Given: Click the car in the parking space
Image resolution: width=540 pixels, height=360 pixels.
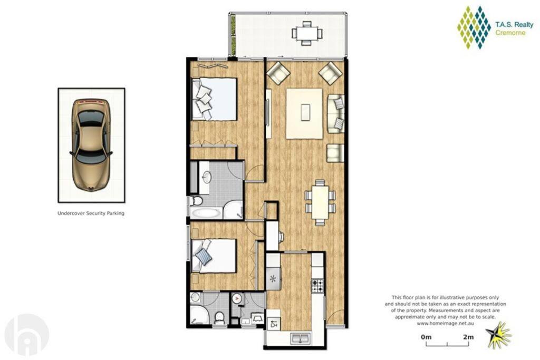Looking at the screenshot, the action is pyautogui.click(x=91, y=144).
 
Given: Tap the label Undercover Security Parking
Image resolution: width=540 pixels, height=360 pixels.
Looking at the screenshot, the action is pyautogui.click(x=91, y=213).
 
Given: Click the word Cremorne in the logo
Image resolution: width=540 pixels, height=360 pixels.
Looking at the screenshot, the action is pyautogui.click(x=510, y=33).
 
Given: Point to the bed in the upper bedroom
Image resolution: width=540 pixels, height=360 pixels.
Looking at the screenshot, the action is pyautogui.click(x=214, y=99).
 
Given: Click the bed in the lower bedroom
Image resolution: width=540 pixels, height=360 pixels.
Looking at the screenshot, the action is pyautogui.click(x=214, y=256).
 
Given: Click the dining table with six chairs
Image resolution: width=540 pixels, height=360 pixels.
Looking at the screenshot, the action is pyautogui.click(x=320, y=203).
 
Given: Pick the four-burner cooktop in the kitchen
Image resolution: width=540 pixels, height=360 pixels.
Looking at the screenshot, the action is pyautogui.click(x=317, y=285).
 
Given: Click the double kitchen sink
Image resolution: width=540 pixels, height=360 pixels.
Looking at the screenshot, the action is pyautogui.click(x=301, y=338).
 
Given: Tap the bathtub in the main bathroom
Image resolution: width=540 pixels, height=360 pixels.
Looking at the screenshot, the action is pyautogui.click(x=205, y=213).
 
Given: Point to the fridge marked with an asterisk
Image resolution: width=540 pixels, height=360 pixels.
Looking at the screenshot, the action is pyautogui.click(x=274, y=278).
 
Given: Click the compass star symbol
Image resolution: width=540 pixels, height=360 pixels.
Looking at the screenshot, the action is pyautogui.click(x=498, y=335).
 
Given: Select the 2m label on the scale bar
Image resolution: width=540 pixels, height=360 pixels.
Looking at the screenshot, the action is pyautogui.click(x=468, y=337).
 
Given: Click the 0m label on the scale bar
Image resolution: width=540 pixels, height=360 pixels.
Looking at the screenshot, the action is pyautogui.click(x=426, y=337).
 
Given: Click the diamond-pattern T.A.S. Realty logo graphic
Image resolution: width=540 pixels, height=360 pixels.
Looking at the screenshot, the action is pyautogui.click(x=474, y=27).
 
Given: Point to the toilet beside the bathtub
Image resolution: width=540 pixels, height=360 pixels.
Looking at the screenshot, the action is pyautogui.click(x=197, y=200).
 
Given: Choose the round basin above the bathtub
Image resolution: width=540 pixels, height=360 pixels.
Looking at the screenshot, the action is pyautogui.click(x=207, y=177).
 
